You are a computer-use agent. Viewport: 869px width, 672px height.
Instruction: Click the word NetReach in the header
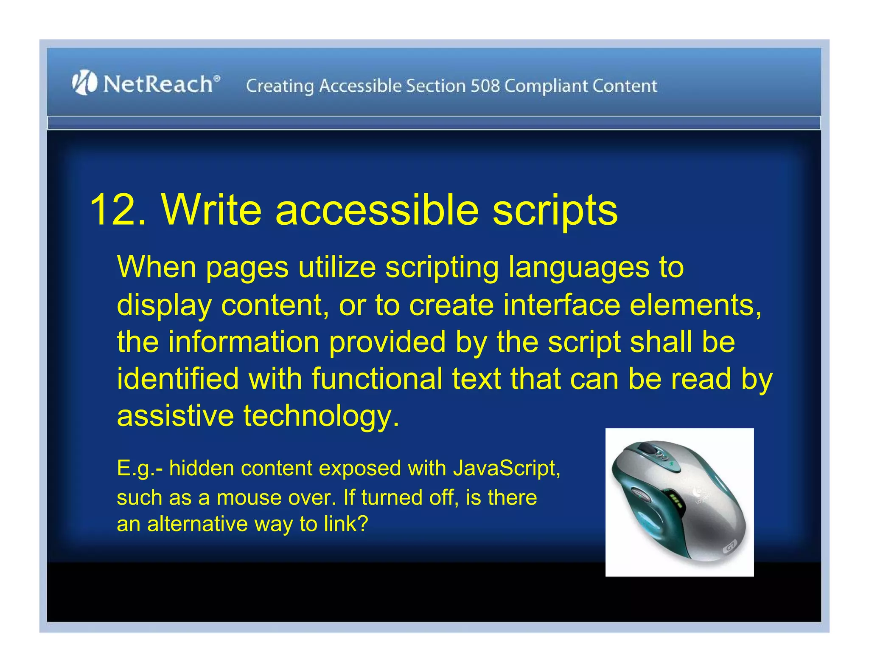tap(158, 84)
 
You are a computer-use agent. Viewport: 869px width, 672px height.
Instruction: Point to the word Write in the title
tap(211, 209)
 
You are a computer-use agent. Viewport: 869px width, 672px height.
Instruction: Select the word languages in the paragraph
tap(579, 268)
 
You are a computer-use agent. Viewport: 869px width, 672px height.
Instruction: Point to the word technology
tap(321, 416)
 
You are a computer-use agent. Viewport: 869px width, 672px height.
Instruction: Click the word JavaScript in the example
tap(506, 469)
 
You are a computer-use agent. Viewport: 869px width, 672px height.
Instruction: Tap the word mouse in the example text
tap(249, 497)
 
